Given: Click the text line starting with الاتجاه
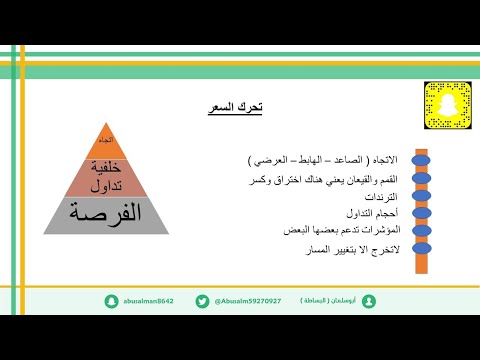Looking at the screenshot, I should click(321, 160).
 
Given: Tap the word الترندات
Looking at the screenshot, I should click(377, 197).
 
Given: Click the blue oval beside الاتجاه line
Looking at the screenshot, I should click(421, 159).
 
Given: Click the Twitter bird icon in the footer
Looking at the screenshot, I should click(203, 300).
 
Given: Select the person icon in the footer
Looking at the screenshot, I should click(370, 300).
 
